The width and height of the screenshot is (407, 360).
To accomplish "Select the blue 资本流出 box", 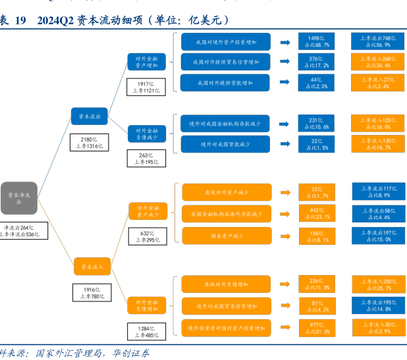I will [89, 116].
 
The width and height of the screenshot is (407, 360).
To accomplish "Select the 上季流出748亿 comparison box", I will [378, 41].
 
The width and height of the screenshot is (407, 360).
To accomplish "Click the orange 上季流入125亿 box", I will [378, 124].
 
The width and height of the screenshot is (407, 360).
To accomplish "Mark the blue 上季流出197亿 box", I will [378, 236].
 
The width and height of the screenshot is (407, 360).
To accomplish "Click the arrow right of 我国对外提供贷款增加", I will [285, 84].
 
